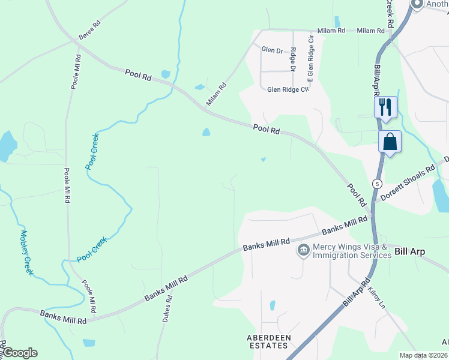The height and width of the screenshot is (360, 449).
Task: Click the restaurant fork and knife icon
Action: click(x=385, y=107)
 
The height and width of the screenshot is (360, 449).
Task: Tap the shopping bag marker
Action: click(x=390, y=142)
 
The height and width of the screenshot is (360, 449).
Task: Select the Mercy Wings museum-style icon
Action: click(x=303, y=249)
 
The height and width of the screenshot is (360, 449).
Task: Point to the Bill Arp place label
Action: click(x=409, y=252)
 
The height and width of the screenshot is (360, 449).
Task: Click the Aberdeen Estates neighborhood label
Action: click(x=269, y=342)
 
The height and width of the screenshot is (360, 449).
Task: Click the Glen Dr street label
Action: click(x=272, y=50)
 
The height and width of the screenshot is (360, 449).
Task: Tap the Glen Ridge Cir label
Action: click(x=288, y=89)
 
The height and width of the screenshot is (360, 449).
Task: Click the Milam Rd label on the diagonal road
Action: click(x=217, y=94)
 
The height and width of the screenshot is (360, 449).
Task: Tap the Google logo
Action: click(x=20, y=353)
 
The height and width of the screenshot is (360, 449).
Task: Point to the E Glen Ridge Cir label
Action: click(x=310, y=58)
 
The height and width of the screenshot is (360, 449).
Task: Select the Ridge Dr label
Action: click(x=293, y=59)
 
